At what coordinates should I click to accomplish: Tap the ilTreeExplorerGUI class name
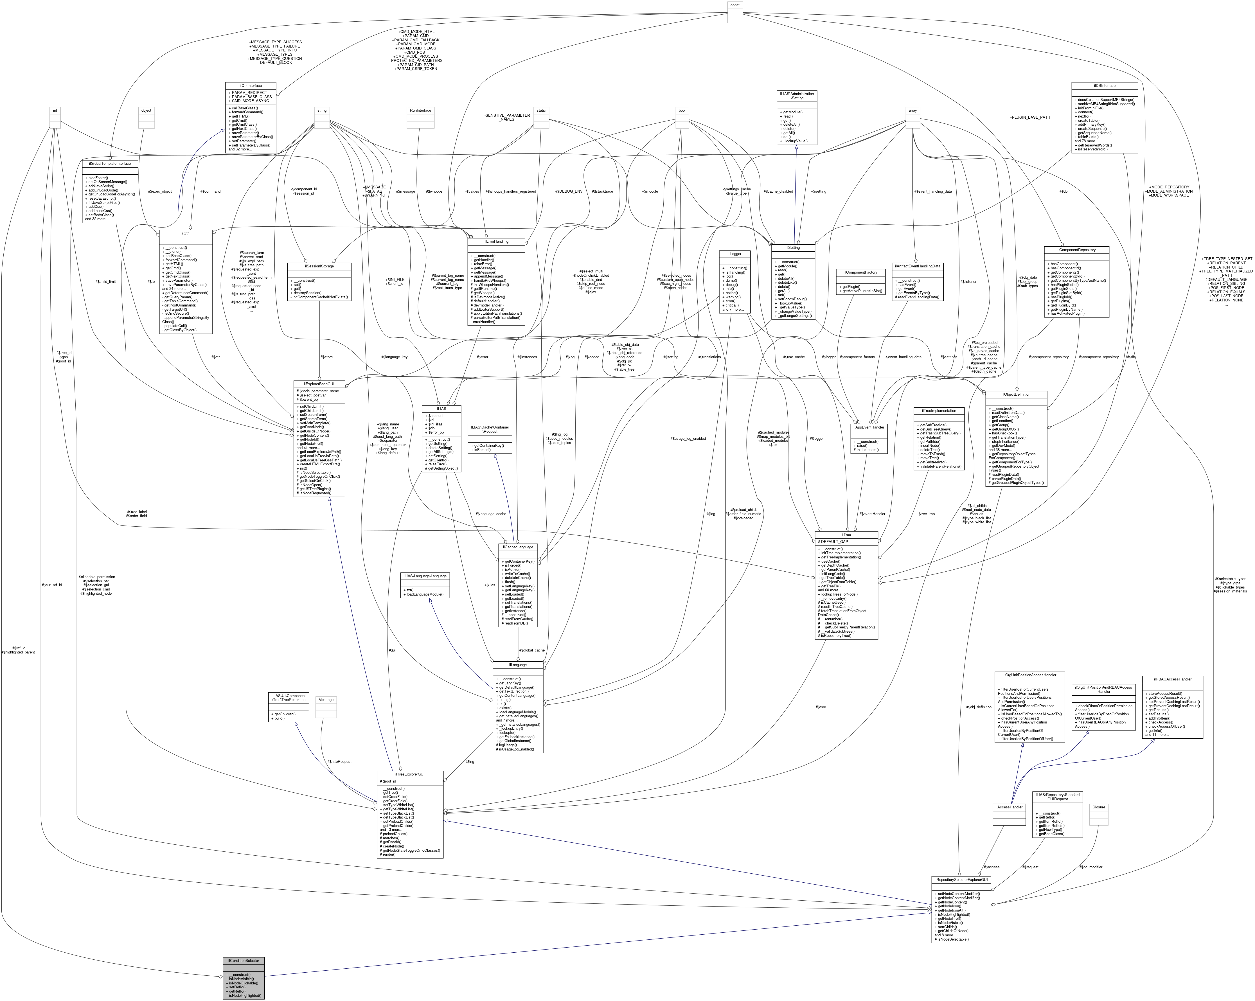pos(410,774)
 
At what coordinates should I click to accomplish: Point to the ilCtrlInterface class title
pos(250,85)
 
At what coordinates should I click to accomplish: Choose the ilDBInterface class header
pos(1104,85)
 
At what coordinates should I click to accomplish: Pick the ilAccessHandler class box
pos(1009,807)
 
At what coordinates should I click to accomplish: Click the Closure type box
pos(1098,807)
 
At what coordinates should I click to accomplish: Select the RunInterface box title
pos(420,110)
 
